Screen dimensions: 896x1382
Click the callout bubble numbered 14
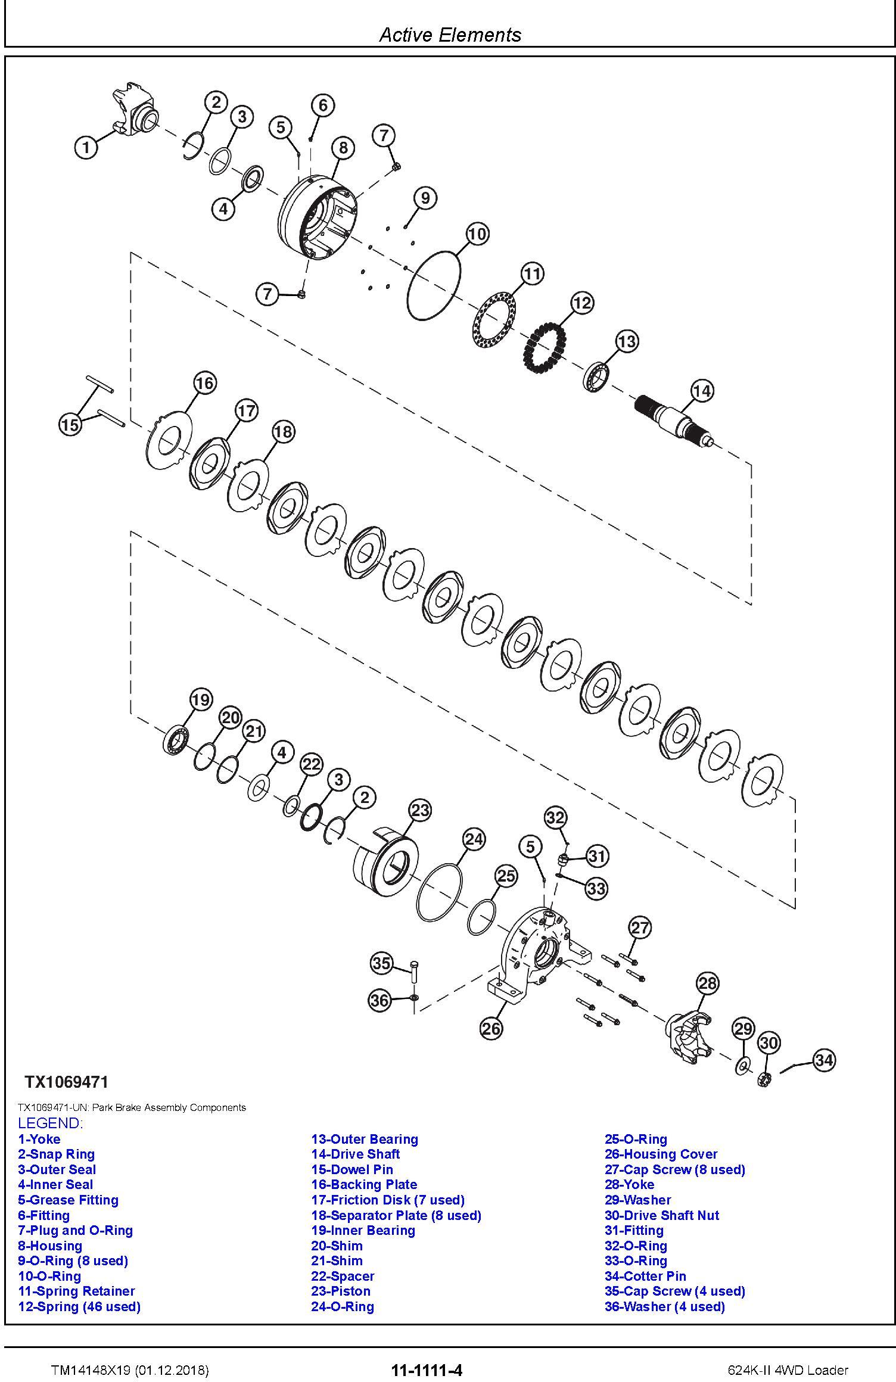(x=702, y=391)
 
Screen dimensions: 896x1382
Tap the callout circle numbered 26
(x=491, y=1029)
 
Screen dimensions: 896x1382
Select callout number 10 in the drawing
(x=477, y=234)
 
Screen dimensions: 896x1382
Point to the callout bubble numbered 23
(x=420, y=810)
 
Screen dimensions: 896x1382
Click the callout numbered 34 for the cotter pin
(x=824, y=1060)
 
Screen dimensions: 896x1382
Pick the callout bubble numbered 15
(x=70, y=425)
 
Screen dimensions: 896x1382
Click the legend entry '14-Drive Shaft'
(x=355, y=1154)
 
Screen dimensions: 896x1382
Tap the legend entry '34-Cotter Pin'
(x=645, y=1276)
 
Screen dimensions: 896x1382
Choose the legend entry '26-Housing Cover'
(x=661, y=1154)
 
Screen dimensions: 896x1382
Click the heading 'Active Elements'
(x=450, y=35)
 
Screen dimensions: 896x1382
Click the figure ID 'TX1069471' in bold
(x=66, y=1081)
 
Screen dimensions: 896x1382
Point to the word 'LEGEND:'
(x=50, y=1123)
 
